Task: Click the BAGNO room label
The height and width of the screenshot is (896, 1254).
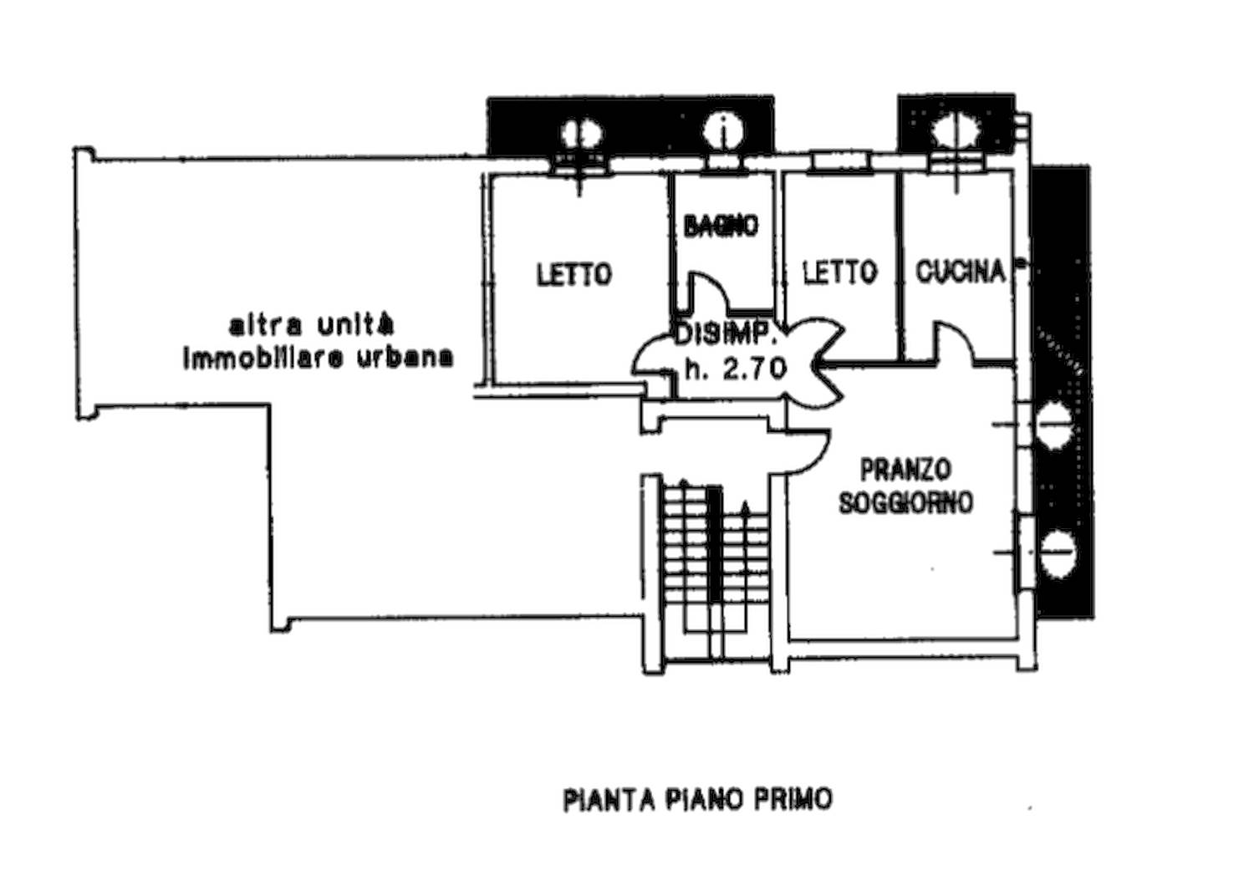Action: [721, 226]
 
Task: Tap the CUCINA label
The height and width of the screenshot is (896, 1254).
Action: [960, 271]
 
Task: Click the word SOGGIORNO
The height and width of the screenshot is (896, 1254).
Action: [905, 502]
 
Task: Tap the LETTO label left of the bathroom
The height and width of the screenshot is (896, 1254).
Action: [573, 273]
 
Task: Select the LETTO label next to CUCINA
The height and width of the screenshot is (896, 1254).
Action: [839, 271]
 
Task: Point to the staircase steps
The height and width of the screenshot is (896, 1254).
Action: [715, 552]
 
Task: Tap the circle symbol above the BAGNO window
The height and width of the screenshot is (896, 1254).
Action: [721, 130]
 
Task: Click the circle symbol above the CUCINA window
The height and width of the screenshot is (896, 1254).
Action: [953, 129]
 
